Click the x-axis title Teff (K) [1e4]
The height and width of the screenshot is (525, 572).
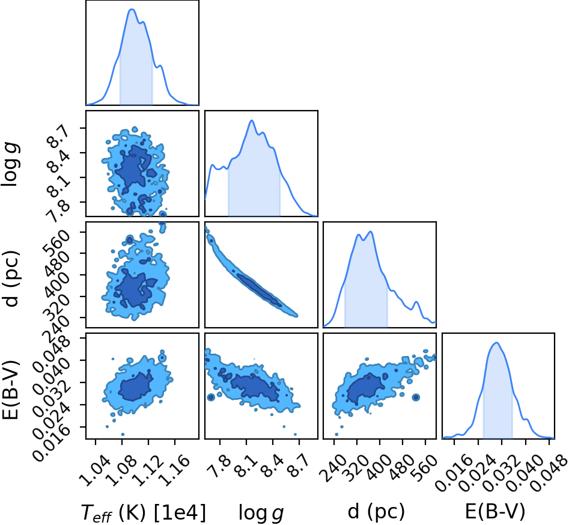pyautogui.click(x=143, y=512)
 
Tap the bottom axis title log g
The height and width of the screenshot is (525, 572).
pyautogui.click(x=261, y=512)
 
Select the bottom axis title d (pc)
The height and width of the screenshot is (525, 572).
pyautogui.click(x=376, y=512)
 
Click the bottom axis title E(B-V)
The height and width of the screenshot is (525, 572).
pyautogui.click(x=495, y=512)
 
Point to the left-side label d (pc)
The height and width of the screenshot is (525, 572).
pyautogui.click(x=11, y=278)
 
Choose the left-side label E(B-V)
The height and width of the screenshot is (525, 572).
pyautogui.click(x=10, y=390)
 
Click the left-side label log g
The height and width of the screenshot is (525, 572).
pyautogui.click(x=11, y=164)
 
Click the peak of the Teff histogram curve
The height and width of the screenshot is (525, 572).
pyautogui.click(x=132, y=10)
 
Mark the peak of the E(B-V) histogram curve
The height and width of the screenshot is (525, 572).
pyautogui.click(x=496, y=342)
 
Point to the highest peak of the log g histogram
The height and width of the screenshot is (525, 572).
pyautogui.click(x=251, y=120)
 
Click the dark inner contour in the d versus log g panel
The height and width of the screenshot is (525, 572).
pyautogui.click(x=260, y=289)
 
